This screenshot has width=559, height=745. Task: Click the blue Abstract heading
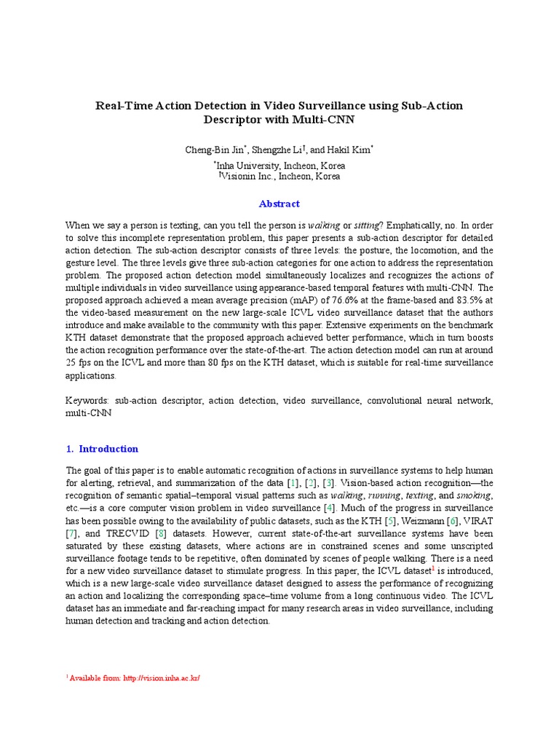[x=279, y=204]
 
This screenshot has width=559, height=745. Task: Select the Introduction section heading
[x=108, y=449]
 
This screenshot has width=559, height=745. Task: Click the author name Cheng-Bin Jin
[x=216, y=150]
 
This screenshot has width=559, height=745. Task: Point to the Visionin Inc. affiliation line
[x=279, y=176]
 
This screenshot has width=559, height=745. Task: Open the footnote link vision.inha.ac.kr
[x=161, y=678]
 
